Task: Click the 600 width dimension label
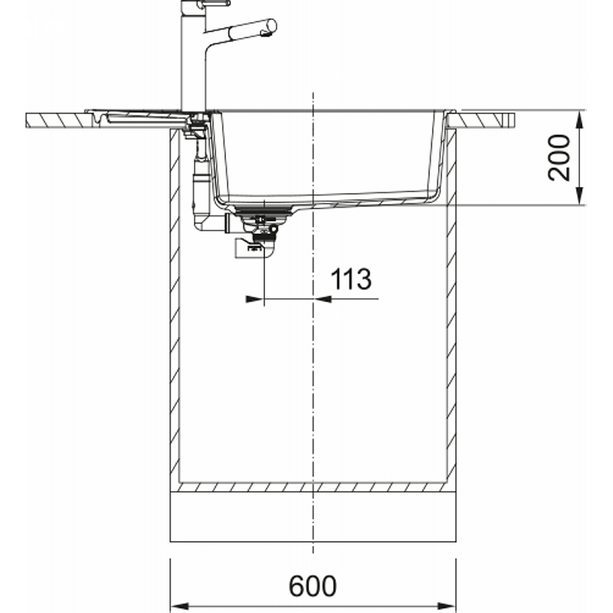pos(313,585)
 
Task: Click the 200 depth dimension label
pos(559,158)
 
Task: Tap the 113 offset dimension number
pos(351,279)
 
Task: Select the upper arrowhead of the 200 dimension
pos(579,120)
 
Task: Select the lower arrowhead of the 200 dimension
pos(579,195)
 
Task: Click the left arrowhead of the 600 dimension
pos(180,606)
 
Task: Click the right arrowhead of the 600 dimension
pos(447,606)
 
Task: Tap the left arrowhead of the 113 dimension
pos(254,299)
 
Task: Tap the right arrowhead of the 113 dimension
pos(323,299)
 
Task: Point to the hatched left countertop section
pos(59,120)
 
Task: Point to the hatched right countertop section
pos(481,120)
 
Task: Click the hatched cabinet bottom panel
pos(313,487)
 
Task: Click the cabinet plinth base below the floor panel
pos(313,516)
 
